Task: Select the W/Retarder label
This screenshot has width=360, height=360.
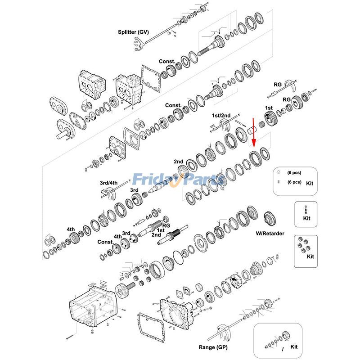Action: [270, 233]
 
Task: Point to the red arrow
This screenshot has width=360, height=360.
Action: [253, 133]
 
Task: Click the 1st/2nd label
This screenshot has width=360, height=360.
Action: [221, 116]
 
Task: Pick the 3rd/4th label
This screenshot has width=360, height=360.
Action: [108, 183]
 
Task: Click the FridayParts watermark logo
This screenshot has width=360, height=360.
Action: [179, 180]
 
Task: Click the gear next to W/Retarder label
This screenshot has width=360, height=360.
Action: [270, 218]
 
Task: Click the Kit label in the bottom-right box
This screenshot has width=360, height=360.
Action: [294, 347]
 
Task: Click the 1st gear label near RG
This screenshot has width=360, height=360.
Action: [269, 108]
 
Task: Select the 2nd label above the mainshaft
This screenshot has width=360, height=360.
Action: [179, 162]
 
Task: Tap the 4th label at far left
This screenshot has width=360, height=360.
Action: [71, 229]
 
